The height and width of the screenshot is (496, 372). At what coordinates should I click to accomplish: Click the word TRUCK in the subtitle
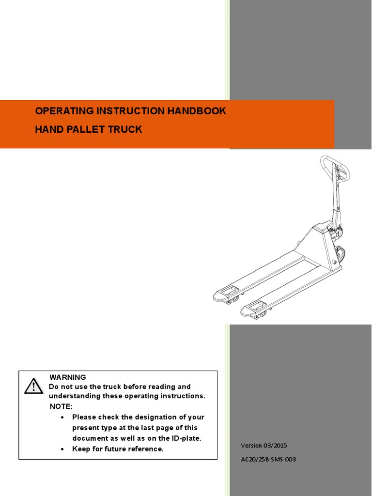[125, 130]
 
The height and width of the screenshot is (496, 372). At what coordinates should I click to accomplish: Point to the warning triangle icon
[33, 386]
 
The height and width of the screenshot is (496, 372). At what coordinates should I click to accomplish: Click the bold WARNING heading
[67, 377]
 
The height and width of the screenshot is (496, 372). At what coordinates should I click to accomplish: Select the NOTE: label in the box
[61, 406]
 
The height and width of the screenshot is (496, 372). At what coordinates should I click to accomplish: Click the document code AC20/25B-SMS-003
[268, 459]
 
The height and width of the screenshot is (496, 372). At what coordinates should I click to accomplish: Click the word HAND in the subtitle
[46, 130]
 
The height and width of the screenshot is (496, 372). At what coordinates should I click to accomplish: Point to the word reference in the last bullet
[147, 449]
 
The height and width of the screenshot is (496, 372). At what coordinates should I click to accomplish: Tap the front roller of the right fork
[259, 315]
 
